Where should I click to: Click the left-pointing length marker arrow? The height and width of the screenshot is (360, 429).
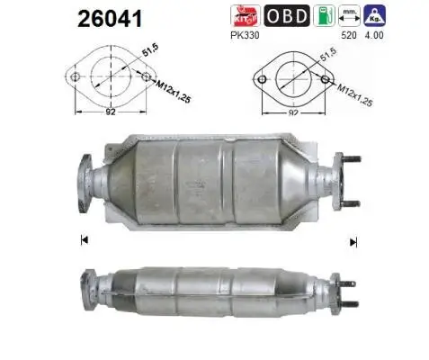click(x=83, y=239)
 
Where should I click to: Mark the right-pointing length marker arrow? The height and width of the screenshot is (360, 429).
click(x=353, y=241)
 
